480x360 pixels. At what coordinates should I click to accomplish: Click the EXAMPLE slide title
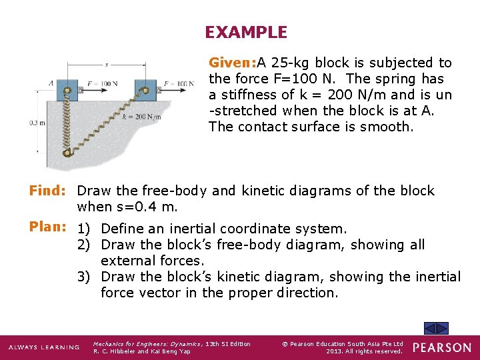click(x=246, y=32)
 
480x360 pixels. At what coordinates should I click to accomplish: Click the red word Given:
click(x=233, y=63)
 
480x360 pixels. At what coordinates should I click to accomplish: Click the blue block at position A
click(x=68, y=88)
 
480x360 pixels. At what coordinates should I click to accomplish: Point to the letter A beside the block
click(x=51, y=83)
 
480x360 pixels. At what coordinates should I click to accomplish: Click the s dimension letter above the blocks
click(x=107, y=65)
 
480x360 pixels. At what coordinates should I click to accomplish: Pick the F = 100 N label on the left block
click(x=102, y=83)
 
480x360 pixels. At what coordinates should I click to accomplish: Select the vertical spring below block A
click(x=67, y=127)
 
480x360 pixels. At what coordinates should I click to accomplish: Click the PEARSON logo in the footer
click(x=441, y=347)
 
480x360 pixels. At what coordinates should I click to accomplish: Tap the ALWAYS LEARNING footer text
click(x=43, y=347)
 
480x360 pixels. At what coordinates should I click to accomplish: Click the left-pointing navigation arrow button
click(x=431, y=328)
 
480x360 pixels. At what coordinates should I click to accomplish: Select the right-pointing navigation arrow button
click(x=443, y=328)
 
